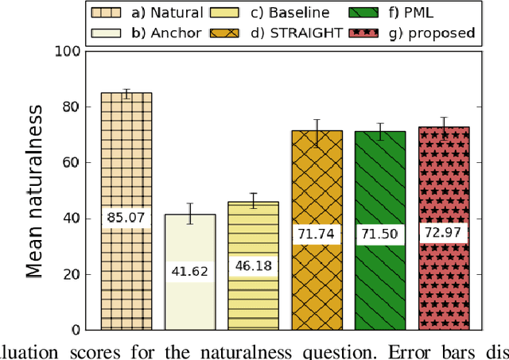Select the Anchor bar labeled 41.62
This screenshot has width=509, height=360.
pyautogui.click(x=189, y=302)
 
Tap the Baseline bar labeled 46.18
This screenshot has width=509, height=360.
pyautogui.click(x=253, y=294)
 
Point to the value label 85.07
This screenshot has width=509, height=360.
pyautogui.click(x=126, y=216)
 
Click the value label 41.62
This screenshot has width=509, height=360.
pyautogui.click(x=189, y=272)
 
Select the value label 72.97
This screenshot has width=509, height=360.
pyautogui.click(x=444, y=234)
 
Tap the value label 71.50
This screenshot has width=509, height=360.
pyautogui.click(x=380, y=235)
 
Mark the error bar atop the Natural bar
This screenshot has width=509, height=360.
pyautogui.click(x=126, y=93)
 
